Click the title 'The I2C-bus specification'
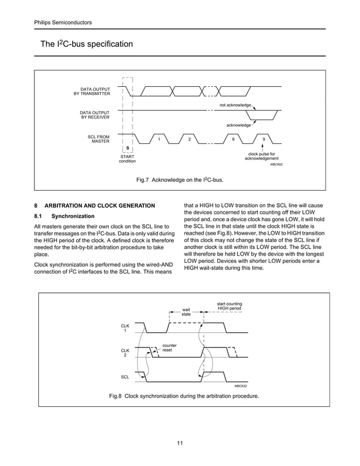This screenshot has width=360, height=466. click(x=86, y=44)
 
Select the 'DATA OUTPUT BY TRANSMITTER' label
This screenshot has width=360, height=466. click(x=92, y=91)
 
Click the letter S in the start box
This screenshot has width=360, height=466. click(x=128, y=148)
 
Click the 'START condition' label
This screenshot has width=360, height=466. click(x=127, y=159)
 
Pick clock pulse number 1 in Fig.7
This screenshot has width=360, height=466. click(x=159, y=139)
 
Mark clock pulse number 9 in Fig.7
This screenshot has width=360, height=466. click(x=264, y=139)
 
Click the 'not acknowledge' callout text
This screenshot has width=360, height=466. click(x=235, y=105)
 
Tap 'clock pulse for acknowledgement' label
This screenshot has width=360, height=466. click(x=261, y=156)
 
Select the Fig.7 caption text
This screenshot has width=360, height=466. click(x=180, y=180)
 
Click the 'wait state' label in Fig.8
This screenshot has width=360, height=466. click(x=186, y=311)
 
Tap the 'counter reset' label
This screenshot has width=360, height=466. click(x=169, y=348)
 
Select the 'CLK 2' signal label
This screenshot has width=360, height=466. click(x=125, y=353)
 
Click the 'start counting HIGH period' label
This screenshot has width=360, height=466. click(x=230, y=307)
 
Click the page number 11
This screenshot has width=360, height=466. click(x=179, y=442)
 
